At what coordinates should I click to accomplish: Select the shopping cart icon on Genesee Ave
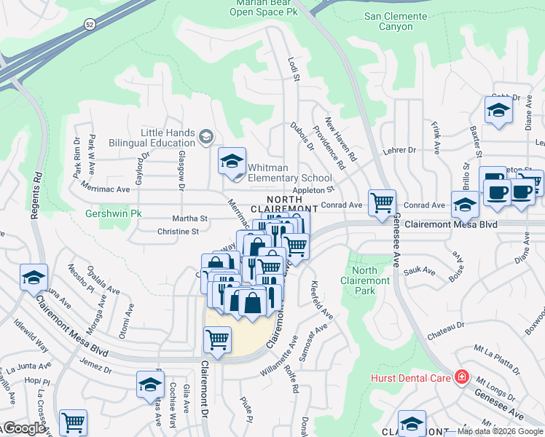(382, 202)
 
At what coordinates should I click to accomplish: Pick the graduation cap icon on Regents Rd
(34, 277)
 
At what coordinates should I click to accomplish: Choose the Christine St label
(178, 232)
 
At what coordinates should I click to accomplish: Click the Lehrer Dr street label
(401, 150)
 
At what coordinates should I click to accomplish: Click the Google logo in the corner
(23, 428)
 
